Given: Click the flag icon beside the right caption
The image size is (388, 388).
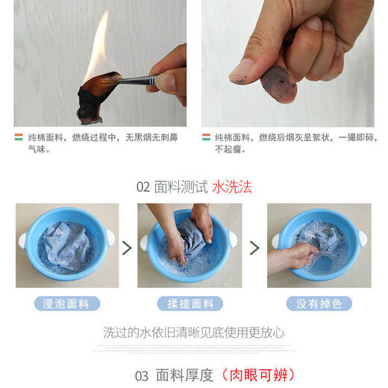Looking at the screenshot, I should [205, 137].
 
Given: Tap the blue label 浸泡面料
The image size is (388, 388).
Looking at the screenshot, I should [66, 304].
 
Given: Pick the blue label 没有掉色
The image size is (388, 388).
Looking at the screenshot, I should [319, 304].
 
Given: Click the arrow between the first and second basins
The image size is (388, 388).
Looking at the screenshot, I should [126, 247].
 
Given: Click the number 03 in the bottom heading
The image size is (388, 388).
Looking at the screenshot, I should [143, 375].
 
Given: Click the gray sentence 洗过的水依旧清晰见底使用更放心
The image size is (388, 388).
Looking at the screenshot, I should [193, 332].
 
